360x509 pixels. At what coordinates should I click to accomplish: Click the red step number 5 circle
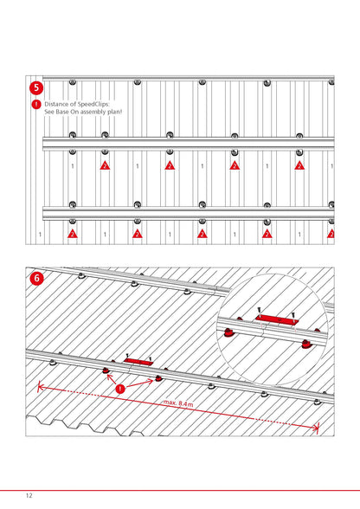[x=36, y=87]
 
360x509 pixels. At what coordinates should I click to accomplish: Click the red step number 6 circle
[x=36, y=278]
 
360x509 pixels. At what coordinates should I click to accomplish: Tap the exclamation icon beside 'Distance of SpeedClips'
[x=36, y=104]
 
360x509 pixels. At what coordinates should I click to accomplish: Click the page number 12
[x=29, y=495]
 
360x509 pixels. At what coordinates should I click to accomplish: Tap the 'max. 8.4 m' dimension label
[x=178, y=403]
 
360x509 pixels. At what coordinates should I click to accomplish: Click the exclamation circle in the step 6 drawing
[x=120, y=389]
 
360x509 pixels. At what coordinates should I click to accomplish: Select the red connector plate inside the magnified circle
[x=277, y=319]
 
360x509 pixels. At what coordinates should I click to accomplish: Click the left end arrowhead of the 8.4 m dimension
[x=40, y=386]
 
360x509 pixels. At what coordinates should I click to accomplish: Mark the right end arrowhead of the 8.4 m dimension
[x=317, y=428]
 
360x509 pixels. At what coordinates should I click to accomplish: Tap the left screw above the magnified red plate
[x=259, y=310]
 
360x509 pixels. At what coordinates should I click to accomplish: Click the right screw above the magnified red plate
[x=293, y=315]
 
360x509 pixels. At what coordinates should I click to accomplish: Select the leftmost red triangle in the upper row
[x=105, y=165]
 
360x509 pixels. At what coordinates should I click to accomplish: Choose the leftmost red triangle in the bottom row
[x=72, y=234]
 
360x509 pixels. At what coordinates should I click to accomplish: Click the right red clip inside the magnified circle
[x=306, y=344]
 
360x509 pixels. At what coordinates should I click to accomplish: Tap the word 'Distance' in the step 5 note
[x=55, y=104]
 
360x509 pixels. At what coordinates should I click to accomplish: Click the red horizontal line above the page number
[x=180, y=490]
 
